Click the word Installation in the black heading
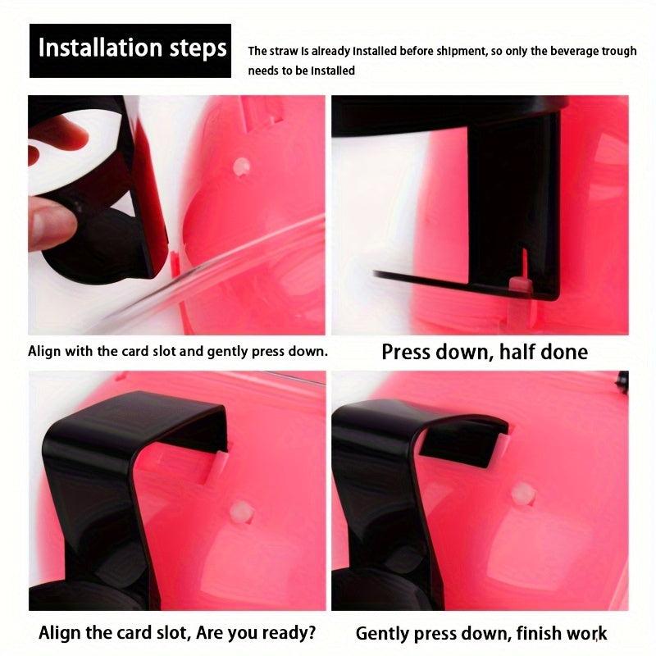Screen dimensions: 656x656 pos(99,48)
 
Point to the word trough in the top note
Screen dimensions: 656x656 pos(619,52)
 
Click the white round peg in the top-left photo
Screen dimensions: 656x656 pos(241,166)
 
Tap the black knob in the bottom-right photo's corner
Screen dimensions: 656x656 pos(622,381)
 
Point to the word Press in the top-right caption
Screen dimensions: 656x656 pos(406,352)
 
